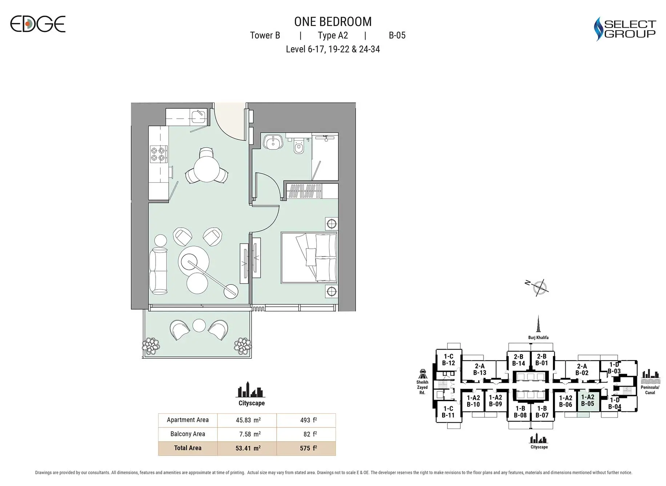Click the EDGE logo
coord(37,24)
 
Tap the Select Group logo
coord(625,29)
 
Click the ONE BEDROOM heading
coord(333,22)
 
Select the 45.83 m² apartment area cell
coord(248,420)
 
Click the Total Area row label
coord(188,448)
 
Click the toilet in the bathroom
coord(298,147)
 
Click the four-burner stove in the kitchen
coord(159,154)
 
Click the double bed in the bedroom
coord(309,258)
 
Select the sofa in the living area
coord(159,271)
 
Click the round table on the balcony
coord(199,325)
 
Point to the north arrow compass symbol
coord(539,287)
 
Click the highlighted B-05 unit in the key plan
coord(587,401)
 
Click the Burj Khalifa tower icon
coord(538,324)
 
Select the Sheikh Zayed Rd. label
coord(422,387)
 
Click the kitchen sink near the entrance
coord(198,117)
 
